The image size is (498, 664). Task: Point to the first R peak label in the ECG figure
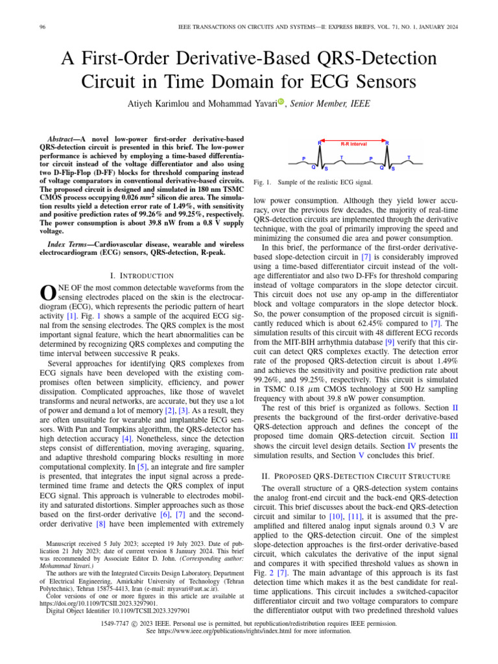[320, 143]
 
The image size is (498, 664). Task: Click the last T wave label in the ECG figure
[408, 158]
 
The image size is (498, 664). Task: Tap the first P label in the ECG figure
[304, 158]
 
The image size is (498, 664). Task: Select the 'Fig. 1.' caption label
[262, 184]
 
